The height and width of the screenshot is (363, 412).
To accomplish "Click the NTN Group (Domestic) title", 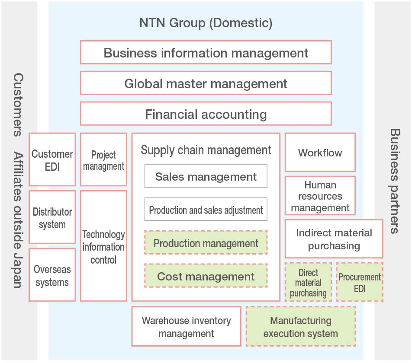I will point(206,23).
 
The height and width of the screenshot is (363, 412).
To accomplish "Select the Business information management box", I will point(206,53).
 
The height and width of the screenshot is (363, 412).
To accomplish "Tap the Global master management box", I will point(206,83).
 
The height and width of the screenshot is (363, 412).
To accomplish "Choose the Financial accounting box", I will point(206,114).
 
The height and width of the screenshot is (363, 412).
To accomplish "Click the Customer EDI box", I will point(52,160).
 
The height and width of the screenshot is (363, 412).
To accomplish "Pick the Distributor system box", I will point(52,218).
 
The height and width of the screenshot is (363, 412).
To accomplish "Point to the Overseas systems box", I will point(52,275).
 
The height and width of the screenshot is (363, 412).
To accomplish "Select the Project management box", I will point(103,160).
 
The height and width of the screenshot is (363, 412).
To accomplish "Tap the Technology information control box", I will point(103,247).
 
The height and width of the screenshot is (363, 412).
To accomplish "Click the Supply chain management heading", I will point(206,150).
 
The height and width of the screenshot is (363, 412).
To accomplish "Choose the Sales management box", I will point(206,176).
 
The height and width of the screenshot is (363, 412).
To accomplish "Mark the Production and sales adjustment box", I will point(206,210).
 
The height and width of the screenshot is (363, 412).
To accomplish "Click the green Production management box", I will point(206,243).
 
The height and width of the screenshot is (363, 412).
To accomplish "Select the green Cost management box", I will point(206,276).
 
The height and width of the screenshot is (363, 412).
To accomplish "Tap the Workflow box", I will point(320,153).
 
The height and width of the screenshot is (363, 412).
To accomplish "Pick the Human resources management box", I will point(320,196).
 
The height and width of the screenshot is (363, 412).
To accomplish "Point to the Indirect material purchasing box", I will point(334,239).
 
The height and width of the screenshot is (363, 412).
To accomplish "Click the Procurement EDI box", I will point(360,282).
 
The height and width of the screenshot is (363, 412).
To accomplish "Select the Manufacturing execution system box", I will point(301,327).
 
